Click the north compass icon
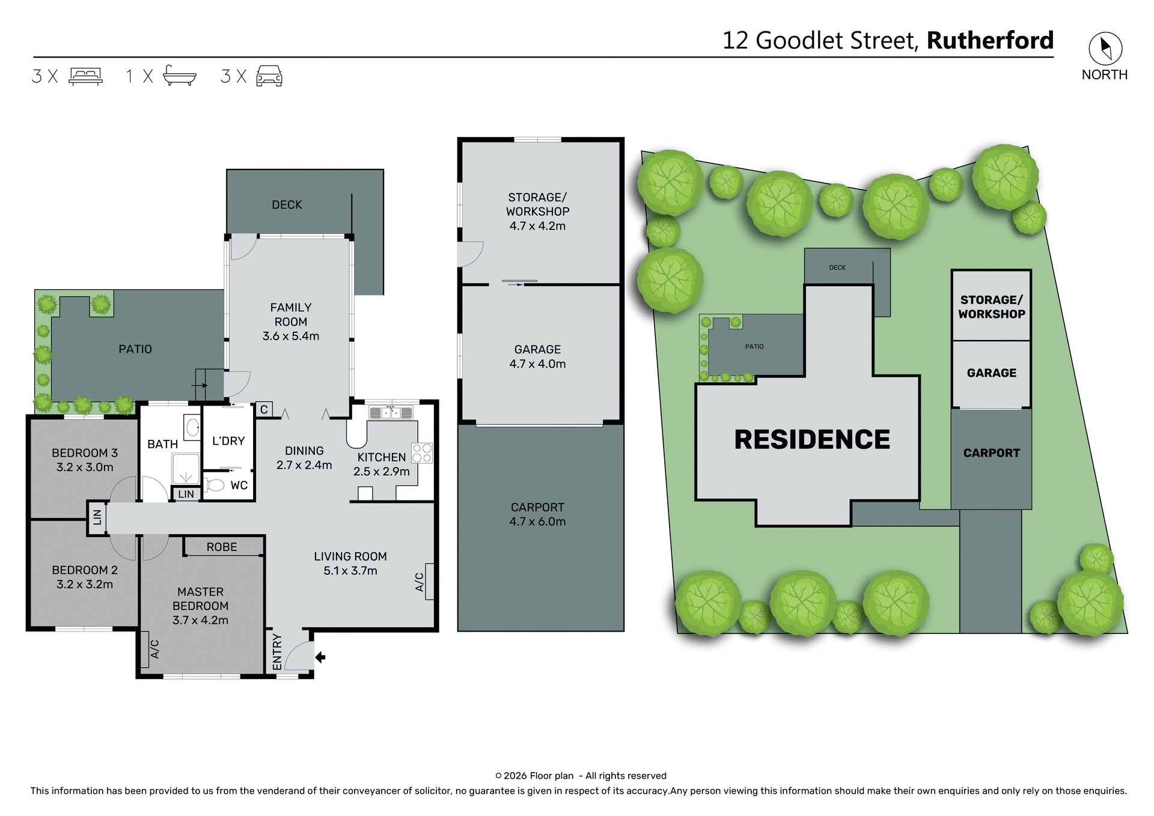(x=1105, y=49)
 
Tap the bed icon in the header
(x=85, y=76)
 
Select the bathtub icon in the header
(x=179, y=76)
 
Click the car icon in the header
(x=269, y=76)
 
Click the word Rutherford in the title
(x=990, y=41)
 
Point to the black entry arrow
(x=320, y=657)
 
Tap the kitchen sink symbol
(x=391, y=413)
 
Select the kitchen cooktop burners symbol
(x=422, y=453)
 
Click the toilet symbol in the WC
(x=215, y=484)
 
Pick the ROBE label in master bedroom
(x=222, y=547)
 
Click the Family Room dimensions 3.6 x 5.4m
(x=290, y=336)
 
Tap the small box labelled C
(x=264, y=410)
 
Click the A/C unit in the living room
(x=429, y=581)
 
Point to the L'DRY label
(x=228, y=441)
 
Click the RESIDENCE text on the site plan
(x=811, y=440)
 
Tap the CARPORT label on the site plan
(x=991, y=453)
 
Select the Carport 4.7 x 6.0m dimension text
(x=537, y=522)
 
